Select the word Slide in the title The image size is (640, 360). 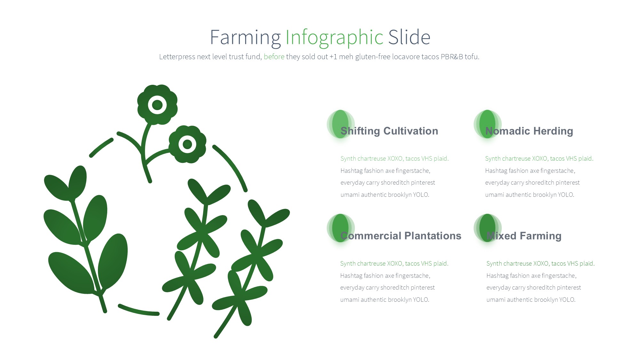point(409,37)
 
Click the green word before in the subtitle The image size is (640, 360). point(274,57)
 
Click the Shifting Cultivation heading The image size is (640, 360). point(389,131)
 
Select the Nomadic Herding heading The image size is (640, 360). point(529,131)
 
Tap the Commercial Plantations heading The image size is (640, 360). point(401,236)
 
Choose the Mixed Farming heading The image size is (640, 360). point(524,236)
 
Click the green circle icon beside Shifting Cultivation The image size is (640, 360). point(340,124)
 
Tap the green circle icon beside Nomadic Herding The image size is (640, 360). point(487,124)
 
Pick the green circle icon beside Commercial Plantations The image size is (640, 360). point(340,228)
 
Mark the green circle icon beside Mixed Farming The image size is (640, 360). point(487,228)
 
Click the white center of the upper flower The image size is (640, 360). point(157,105)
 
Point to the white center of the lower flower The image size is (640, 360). point(187,144)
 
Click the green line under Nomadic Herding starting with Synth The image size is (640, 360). point(539,158)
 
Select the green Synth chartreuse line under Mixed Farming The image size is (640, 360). point(540,263)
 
